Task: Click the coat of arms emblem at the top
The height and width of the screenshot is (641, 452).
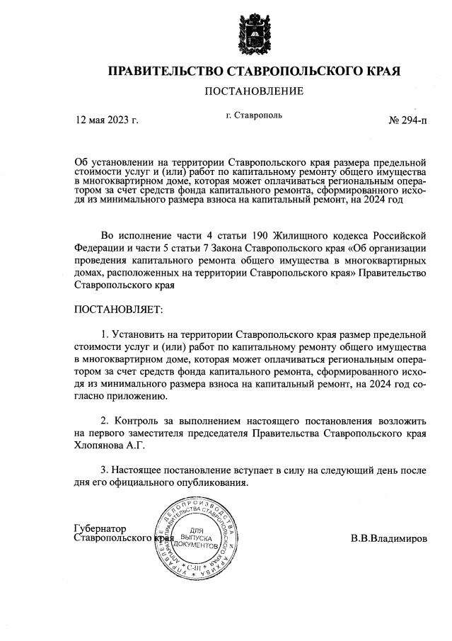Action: tap(253, 33)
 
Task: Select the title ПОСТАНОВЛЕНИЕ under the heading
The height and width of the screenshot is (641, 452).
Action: tap(254, 91)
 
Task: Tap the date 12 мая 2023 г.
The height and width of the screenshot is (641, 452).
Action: tap(106, 120)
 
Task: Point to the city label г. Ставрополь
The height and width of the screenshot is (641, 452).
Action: tap(253, 115)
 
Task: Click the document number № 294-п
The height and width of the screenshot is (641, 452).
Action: tap(408, 120)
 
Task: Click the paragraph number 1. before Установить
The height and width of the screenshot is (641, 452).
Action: tap(106, 333)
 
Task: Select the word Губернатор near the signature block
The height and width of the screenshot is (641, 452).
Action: tap(100, 528)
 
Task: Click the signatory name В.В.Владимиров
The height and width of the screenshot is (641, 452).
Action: tap(388, 538)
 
